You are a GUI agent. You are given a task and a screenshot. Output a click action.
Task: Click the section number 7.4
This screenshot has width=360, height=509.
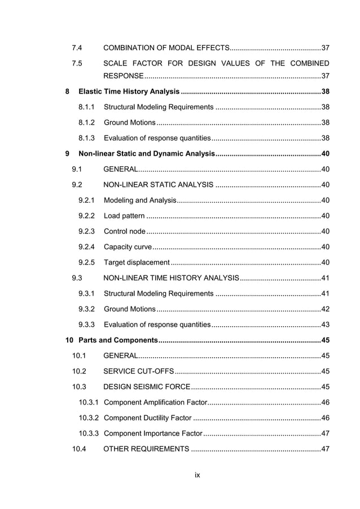(x=77, y=47)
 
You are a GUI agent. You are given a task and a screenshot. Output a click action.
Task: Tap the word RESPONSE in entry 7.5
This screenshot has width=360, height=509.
(x=124, y=77)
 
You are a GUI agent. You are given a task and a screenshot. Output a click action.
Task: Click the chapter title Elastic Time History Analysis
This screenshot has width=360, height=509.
(x=129, y=92)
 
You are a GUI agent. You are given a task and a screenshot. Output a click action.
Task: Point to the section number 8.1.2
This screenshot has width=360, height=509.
(x=86, y=123)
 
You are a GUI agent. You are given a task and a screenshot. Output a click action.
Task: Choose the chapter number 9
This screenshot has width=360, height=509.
(x=68, y=153)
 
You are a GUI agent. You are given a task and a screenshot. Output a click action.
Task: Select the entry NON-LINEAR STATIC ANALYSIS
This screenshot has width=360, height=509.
(x=159, y=185)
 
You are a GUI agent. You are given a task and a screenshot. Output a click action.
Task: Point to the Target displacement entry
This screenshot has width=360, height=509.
(x=137, y=262)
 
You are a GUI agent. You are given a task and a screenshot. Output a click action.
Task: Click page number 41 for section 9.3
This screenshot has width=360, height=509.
(x=324, y=278)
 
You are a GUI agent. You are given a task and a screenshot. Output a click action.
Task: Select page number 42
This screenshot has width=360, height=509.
(x=324, y=309)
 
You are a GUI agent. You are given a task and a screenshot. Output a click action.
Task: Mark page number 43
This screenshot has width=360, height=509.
(x=324, y=324)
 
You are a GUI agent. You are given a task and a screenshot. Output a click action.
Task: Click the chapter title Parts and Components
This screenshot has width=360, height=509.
(x=118, y=340)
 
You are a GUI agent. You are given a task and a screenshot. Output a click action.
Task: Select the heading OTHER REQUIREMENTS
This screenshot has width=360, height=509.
(x=147, y=449)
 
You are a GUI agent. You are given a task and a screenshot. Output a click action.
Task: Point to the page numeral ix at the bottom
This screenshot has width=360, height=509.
(x=197, y=475)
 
